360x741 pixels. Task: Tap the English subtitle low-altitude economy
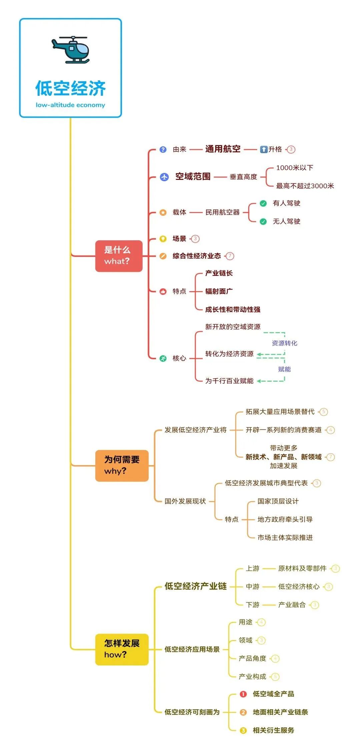(70, 105)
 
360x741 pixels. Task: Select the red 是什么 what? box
(119, 256)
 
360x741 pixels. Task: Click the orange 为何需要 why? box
(122, 465)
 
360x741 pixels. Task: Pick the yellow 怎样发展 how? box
(122, 649)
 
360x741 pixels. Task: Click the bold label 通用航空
(223, 149)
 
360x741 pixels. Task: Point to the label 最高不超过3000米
(305, 186)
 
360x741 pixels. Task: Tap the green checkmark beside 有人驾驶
(263, 203)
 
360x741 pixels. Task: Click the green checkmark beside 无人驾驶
(263, 222)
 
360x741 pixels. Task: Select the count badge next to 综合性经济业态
(230, 256)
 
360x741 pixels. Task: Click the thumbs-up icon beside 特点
(163, 292)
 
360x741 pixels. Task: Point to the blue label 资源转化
(284, 343)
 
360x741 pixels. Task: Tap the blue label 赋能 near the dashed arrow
(284, 369)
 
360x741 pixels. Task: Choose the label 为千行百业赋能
(229, 381)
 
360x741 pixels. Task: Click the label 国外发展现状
(185, 501)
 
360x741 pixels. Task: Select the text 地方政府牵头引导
(285, 519)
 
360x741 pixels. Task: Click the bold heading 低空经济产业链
(196, 586)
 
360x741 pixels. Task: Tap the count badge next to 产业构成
(275, 677)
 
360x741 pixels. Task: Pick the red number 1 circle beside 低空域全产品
(243, 694)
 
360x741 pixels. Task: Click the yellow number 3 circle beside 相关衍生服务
(243, 731)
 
